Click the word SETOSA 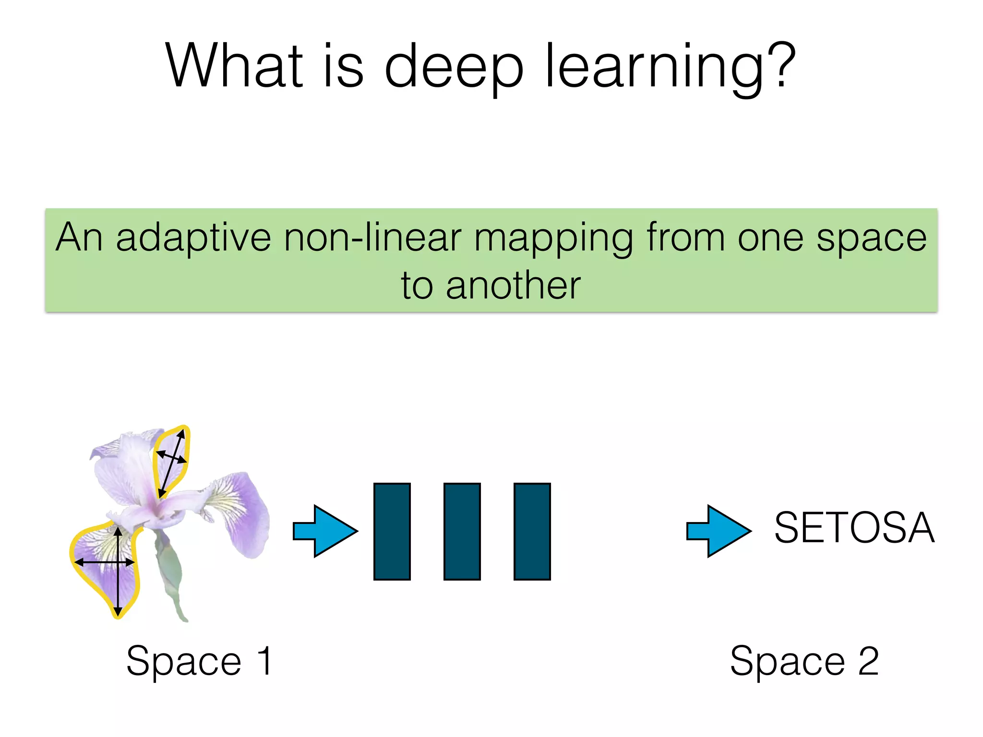point(854,528)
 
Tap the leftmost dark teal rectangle point(392,532)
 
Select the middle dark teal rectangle point(462,532)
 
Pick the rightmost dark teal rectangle point(532,532)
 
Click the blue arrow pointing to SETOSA point(719,531)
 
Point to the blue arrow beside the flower point(325,531)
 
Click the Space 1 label point(199,661)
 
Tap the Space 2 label point(804,661)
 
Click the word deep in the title point(454,67)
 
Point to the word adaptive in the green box point(193,238)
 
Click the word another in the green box point(513,285)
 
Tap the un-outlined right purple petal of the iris point(245,513)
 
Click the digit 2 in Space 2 point(868,661)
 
